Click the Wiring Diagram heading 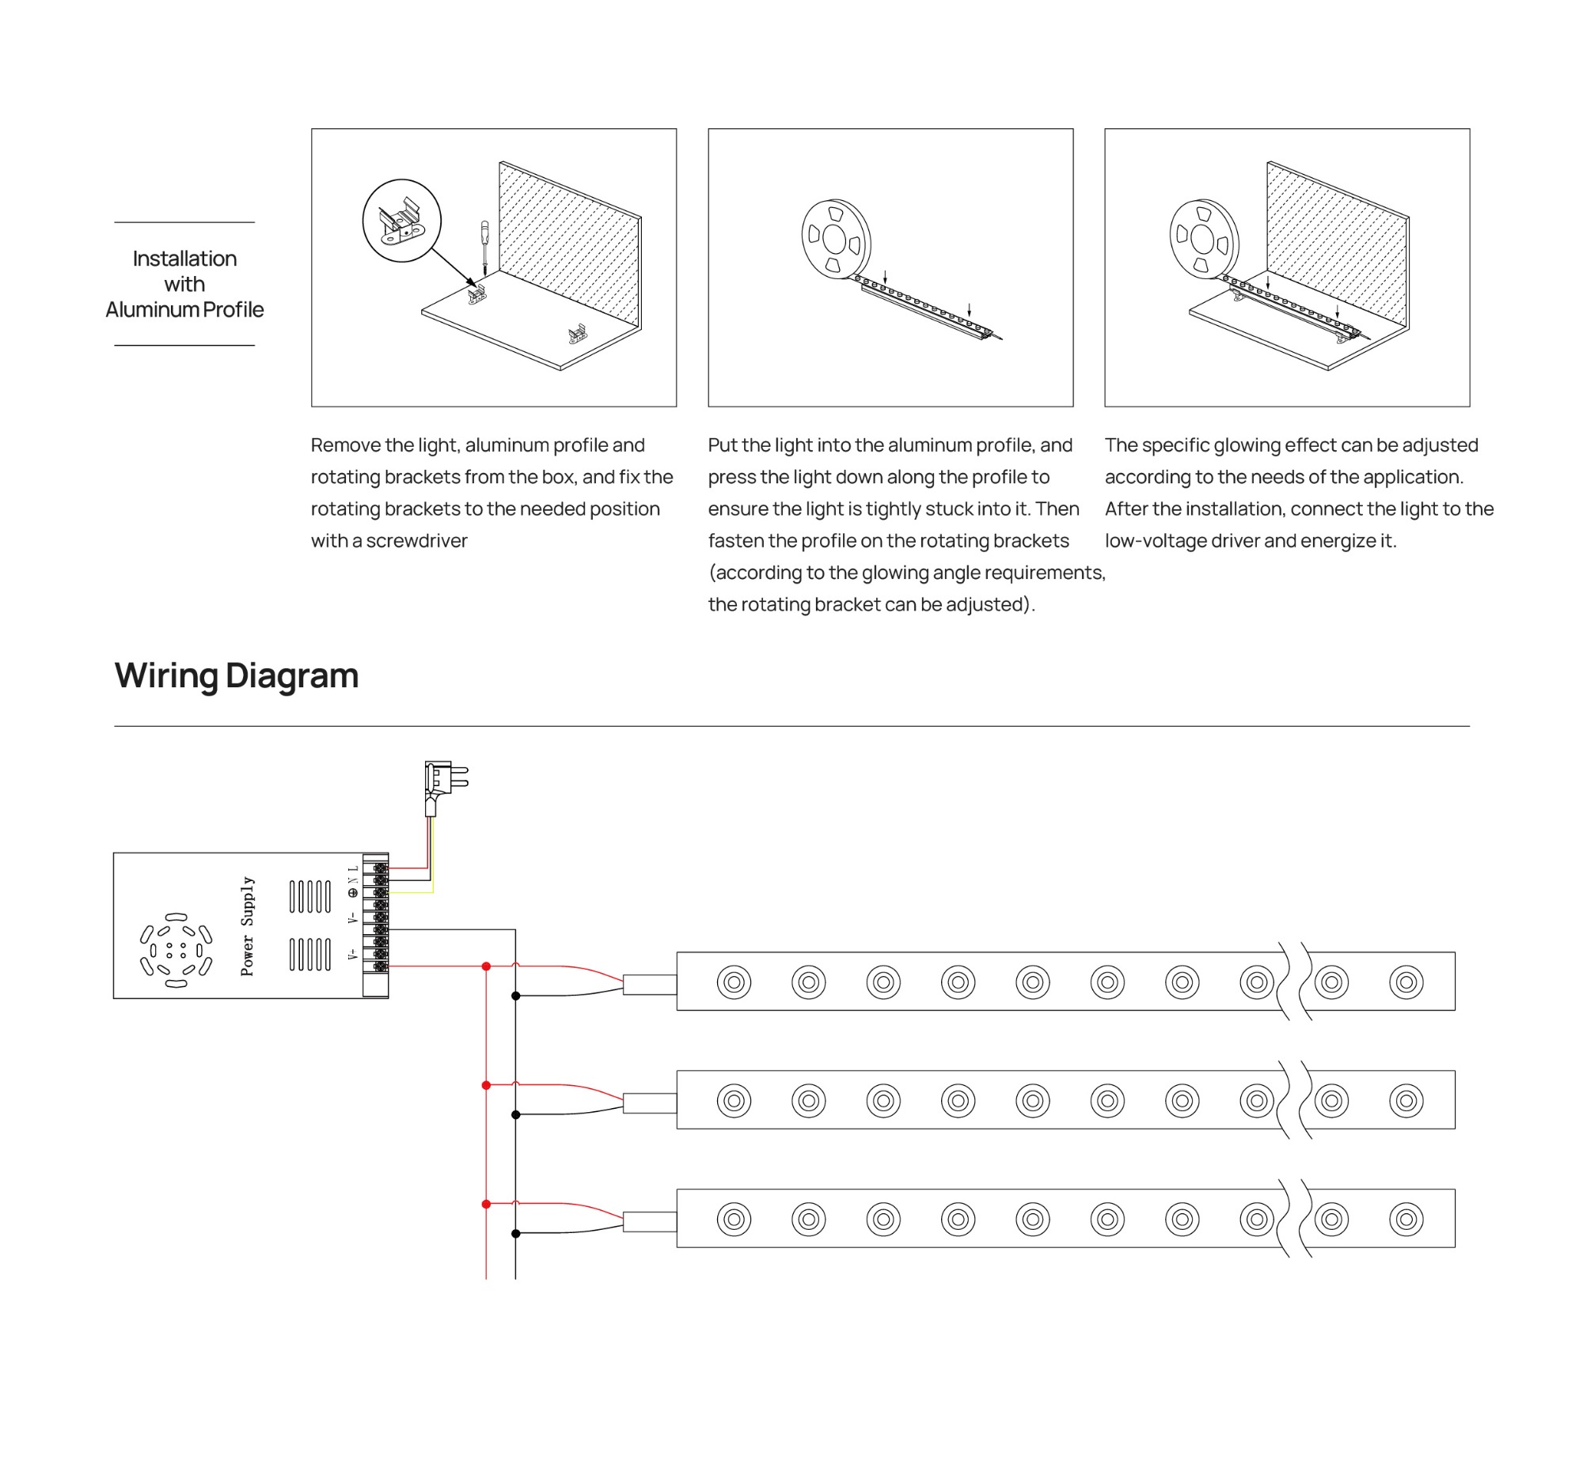(236, 675)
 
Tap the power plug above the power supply (444, 785)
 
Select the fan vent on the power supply (176, 950)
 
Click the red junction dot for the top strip (486, 966)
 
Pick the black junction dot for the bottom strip (515, 1234)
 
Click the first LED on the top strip (733, 982)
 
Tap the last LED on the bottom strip (1406, 1219)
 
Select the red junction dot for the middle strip (486, 1084)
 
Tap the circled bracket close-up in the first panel (401, 220)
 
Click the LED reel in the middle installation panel (835, 238)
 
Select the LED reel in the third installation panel (1202, 238)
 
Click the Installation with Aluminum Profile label (184, 284)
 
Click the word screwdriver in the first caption (416, 541)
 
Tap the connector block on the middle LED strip (649, 1103)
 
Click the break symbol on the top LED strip (1294, 982)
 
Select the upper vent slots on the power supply (309, 896)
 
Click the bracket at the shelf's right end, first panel (577, 334)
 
